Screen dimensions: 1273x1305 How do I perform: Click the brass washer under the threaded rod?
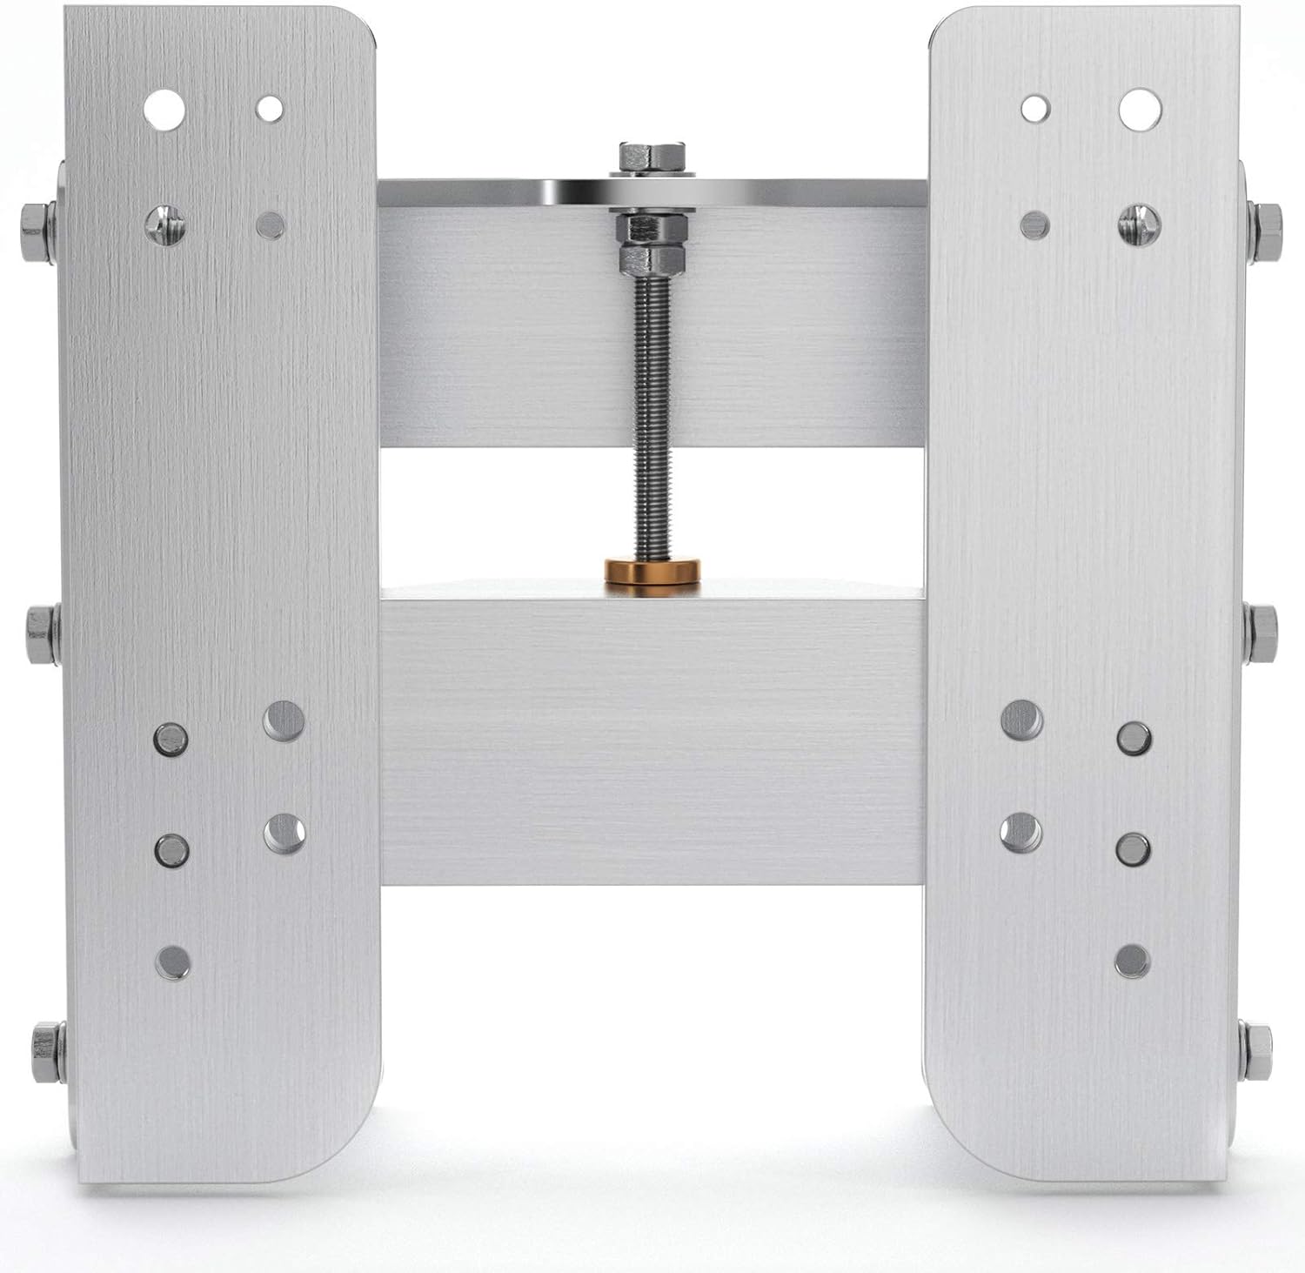point(653,573)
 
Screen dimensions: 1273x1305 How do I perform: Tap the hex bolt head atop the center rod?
point(652,157)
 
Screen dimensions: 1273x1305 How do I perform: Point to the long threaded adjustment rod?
point(652,409)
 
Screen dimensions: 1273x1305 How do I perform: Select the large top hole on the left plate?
point(165,107)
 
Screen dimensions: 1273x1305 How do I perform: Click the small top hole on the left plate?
point(270,109)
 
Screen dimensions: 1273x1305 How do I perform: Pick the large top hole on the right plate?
point(1140,107)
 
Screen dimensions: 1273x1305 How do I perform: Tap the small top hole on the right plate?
point(1035,109)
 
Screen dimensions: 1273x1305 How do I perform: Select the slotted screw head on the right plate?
point(1140,223)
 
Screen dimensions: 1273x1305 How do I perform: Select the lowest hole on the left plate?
point(173,961)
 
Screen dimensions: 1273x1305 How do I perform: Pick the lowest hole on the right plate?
point(1132,960)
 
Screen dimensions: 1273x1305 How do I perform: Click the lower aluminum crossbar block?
point(652,740)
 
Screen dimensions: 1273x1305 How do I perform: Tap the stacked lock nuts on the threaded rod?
point(652,242)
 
